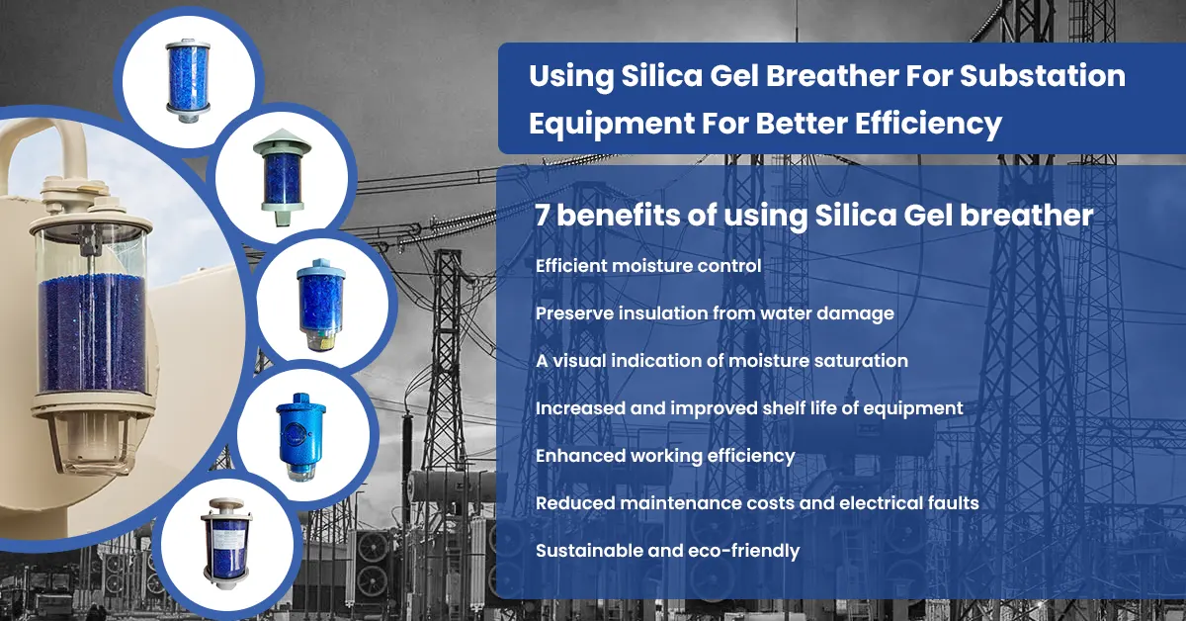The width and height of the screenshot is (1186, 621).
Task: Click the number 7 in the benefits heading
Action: click(542, 216)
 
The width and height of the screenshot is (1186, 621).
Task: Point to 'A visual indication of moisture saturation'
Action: click(721, 361)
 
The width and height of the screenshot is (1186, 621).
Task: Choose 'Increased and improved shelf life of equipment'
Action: click(749, 408)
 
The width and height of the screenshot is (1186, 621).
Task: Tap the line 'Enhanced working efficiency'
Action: click(665, 456)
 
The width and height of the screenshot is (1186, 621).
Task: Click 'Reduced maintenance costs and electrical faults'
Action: click(757, 503)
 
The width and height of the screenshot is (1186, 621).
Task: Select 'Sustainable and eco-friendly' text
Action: click(667, 551)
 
